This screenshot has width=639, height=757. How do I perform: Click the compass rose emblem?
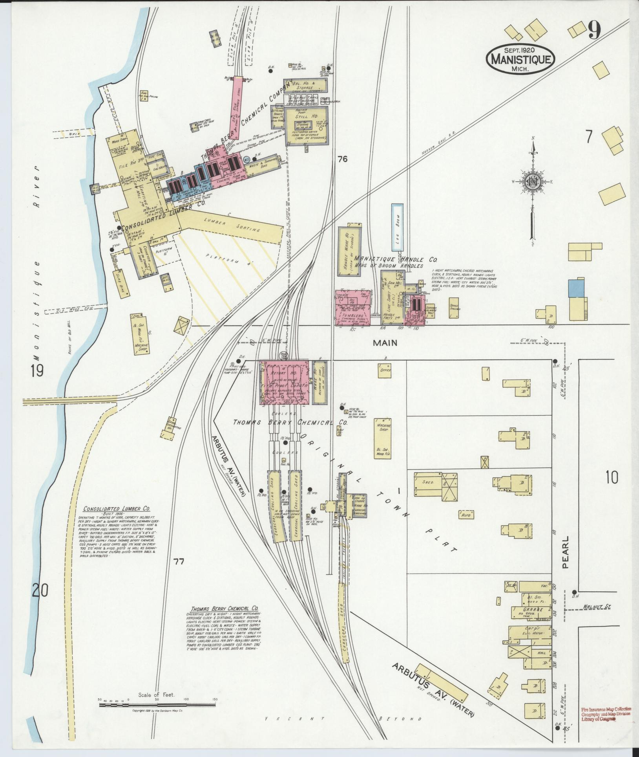click(533, 182)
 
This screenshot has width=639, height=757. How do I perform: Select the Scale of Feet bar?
click(157, 705)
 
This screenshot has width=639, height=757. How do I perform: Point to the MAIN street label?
click(385, 343)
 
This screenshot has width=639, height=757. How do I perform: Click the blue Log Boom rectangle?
click(397, 227)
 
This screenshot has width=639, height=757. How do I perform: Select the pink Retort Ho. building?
click(285, 382)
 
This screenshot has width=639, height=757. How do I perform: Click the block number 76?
click(342, 159)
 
